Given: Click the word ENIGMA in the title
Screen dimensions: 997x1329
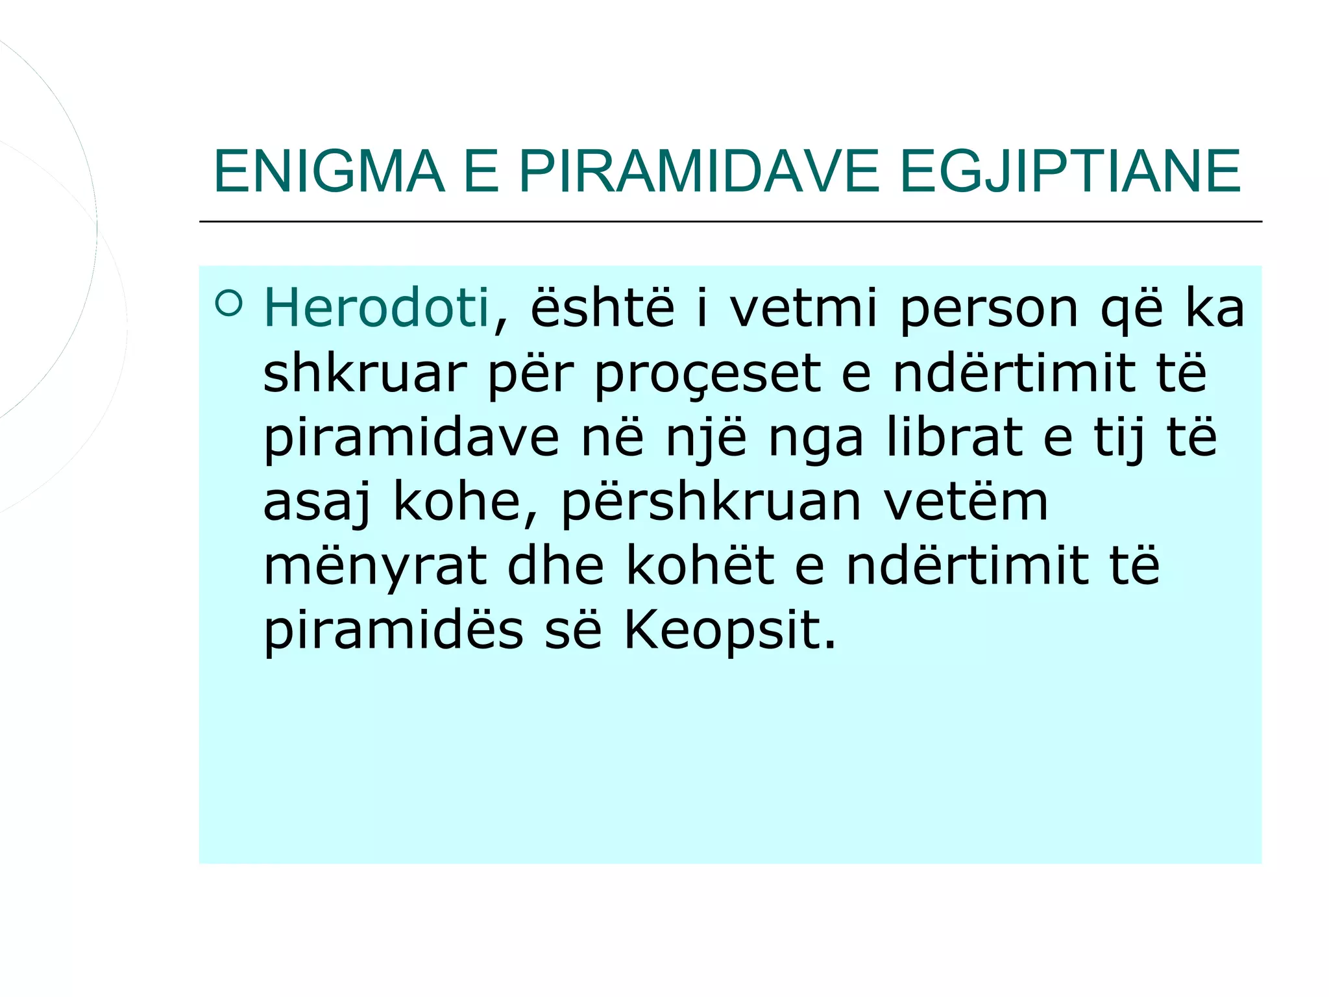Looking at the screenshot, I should (329, 171).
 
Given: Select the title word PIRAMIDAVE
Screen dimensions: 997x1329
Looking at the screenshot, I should (698, 171).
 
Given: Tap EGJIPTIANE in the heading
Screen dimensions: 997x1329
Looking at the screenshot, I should (1070, 171).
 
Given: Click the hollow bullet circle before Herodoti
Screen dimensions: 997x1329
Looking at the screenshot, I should (228, 303).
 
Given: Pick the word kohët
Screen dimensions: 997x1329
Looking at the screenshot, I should (700, 565).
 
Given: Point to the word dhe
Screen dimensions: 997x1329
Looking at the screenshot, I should (555, 565).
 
